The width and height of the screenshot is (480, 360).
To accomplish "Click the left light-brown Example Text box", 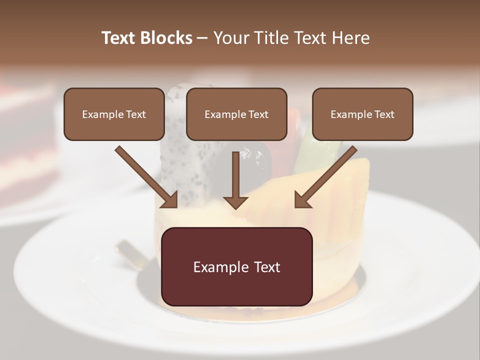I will (x=114, y=114).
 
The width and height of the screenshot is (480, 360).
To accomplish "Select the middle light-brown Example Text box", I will (x=236, y=114).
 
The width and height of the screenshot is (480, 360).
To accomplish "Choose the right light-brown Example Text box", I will (x=362, y=114).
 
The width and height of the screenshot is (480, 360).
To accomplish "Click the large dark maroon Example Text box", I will (x=236, y=266).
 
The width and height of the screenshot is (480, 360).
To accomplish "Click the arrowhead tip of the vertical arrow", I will (x=235, y=207).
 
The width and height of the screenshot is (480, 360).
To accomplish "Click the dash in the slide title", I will (x=202, y=38).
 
